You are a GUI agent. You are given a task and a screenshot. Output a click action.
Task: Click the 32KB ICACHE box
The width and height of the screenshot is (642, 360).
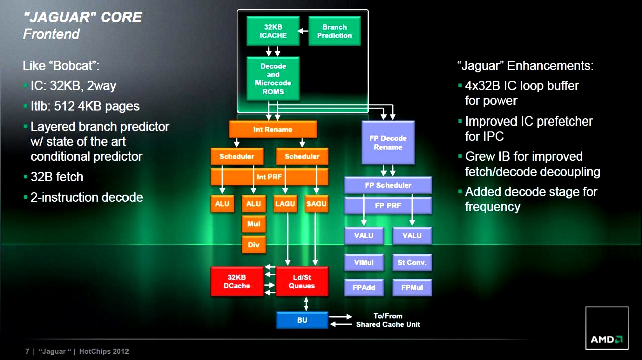pyautogui.click(x=273, y=31)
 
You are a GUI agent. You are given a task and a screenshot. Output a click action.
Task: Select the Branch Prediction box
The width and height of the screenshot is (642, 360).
pyautogui.click(x=334, y=31)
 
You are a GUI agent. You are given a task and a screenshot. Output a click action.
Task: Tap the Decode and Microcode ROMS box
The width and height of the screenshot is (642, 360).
pyautogui.click(x=273, y=79)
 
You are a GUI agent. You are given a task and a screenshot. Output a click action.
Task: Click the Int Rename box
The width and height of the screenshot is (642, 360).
pyautogui.click(x=273, y=129)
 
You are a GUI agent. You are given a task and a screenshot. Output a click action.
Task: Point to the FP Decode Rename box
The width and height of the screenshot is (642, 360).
pyautogui.click(x=388, y=143)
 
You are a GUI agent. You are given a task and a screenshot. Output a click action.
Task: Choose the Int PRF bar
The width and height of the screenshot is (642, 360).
pyautogui.click(x=270, y=177)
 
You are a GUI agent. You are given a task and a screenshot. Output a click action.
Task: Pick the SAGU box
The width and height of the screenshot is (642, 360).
pyautogui.click(x=316, y=204)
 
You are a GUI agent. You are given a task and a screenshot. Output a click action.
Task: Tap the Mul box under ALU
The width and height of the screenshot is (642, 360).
pyautogui.click(x=253, y=224)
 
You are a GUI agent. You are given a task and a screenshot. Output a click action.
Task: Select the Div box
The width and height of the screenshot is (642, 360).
pyautogui.click(x=253, y=245)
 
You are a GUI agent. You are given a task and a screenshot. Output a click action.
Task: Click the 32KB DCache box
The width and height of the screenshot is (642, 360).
pyautogui.click(x=237, y=281)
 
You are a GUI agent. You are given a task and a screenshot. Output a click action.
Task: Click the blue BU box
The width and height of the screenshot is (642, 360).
pyautogui.click(x=302, y=320)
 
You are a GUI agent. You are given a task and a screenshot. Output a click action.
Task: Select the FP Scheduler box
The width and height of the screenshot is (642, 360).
pyautogui.click(x=388, y=185)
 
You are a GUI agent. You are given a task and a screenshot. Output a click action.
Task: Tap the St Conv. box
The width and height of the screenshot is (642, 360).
pyautogui.click(x=412, y=262)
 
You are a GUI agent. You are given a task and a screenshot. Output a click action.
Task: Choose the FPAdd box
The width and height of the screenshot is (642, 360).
pyautogui.click(x=364, y=288)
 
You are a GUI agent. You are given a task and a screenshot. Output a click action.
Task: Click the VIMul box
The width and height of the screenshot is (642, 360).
pyautogui.click(x=364, y=262)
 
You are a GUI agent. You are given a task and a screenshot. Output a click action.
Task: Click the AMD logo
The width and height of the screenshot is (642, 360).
pyautogui.click(x=606, y=340)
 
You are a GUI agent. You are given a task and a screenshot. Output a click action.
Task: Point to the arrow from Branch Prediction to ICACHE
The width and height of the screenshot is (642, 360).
pyautogui.click(x=303, y=31)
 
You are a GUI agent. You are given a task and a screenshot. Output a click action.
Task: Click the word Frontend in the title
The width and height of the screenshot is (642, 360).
pyautogui.click(x=51, y=34)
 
